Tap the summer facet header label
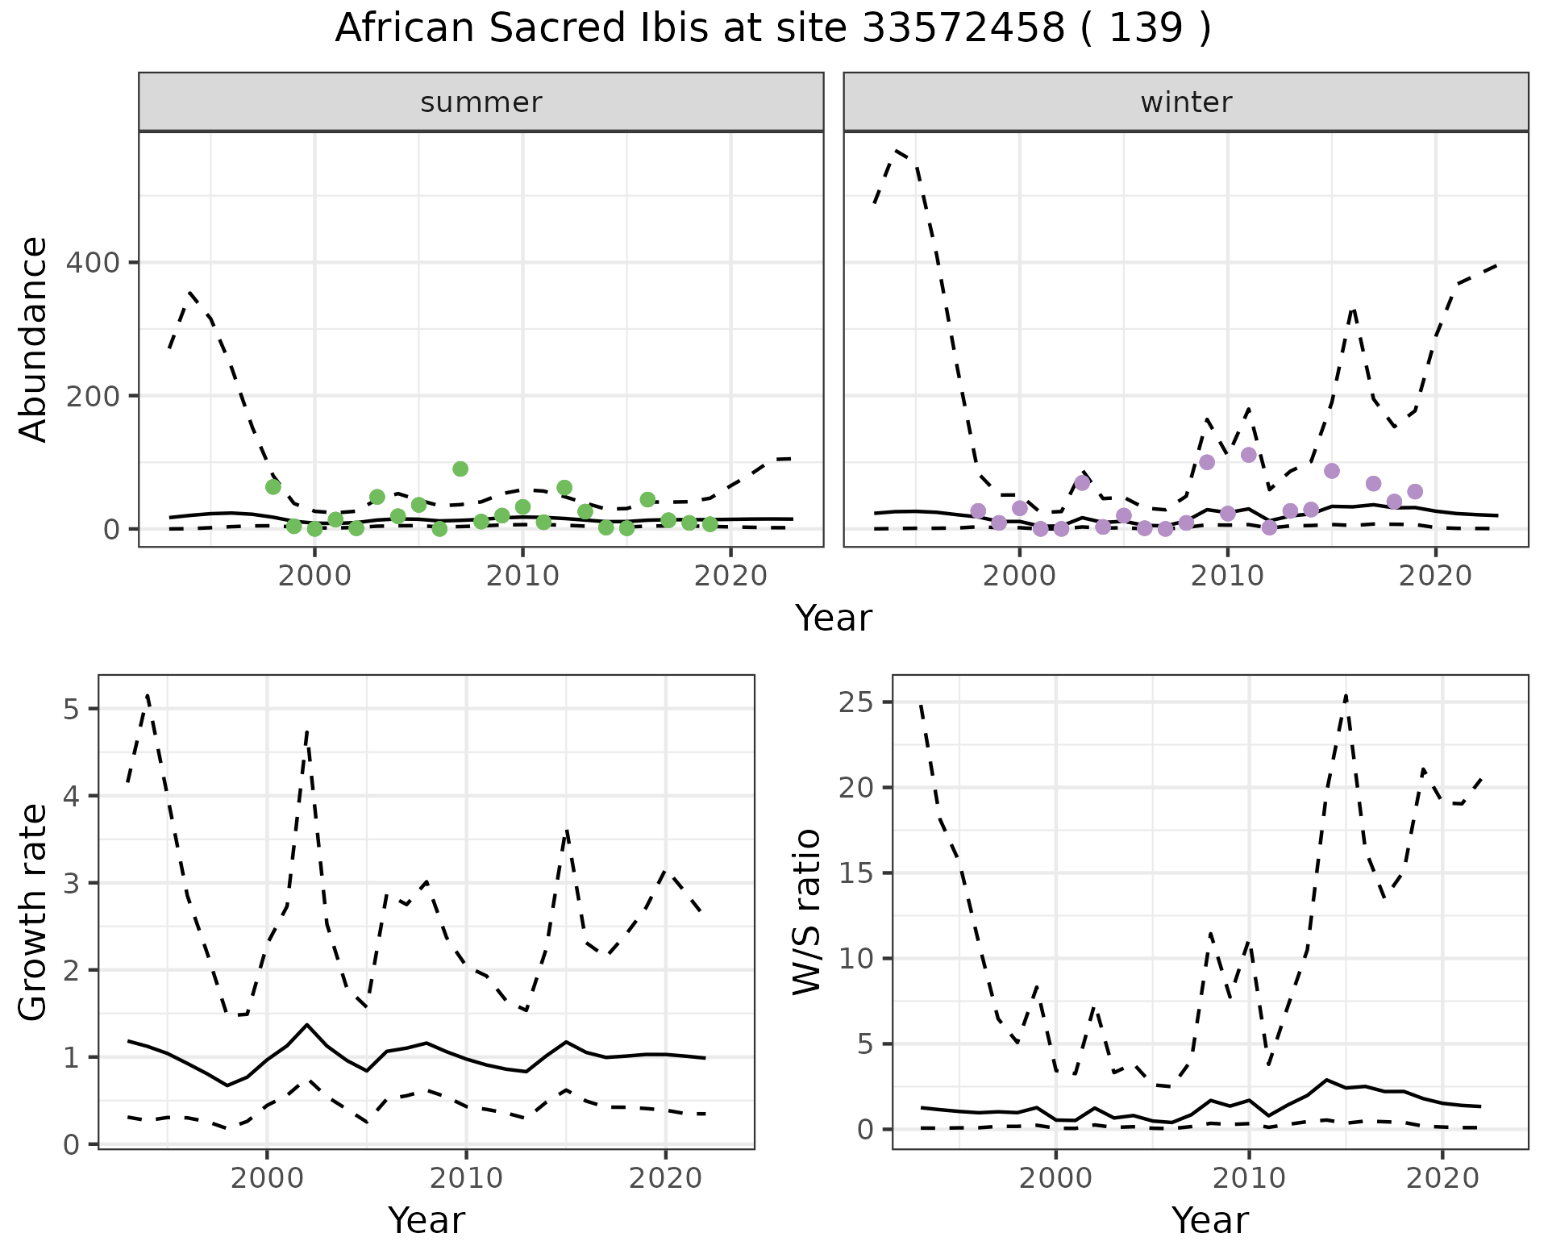(481, 102)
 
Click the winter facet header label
(1186, 102)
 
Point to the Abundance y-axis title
(34, 339)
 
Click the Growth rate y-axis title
(34, 913)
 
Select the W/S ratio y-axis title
(807, 913)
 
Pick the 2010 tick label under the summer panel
(522, 577)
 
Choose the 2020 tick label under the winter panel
(1435, 577)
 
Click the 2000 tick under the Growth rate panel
(266, 1178)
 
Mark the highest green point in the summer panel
(460, 469)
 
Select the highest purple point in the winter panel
(1249, 455)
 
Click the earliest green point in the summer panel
(273, 487)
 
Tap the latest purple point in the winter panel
(1415, 492)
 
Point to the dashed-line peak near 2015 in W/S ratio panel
(1346, 695)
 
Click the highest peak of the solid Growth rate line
(306, 1024)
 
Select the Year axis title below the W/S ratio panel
(1209, 1221)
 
